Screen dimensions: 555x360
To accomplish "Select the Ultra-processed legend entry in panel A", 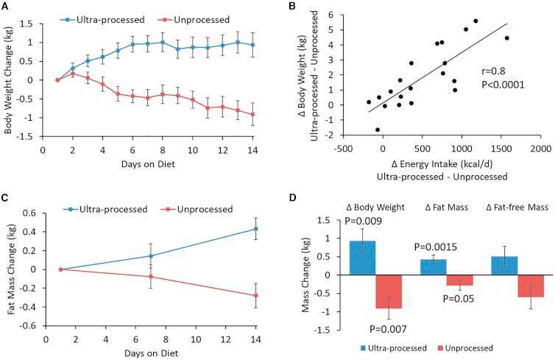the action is (x=102, y=19).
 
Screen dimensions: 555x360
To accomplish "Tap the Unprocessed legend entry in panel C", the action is (x=197, y=209).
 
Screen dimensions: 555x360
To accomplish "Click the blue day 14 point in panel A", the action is (x=252, y=45).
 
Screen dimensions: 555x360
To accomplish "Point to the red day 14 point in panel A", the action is (x=252, y=114).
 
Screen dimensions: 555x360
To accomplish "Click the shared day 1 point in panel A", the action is (x=57, y=80).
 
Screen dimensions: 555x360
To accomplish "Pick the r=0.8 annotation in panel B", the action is (x=493, y=71).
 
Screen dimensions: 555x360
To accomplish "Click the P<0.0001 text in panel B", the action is (x=503, y=85).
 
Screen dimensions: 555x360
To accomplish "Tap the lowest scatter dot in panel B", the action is (x=378, y=130).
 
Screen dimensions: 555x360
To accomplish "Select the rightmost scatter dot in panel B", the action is (x=507, y=38).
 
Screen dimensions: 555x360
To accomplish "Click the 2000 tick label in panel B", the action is (x=541, y=149).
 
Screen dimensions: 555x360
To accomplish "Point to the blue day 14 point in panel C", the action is (x=256, y=229).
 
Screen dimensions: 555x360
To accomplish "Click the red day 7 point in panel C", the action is (x=151, y=277).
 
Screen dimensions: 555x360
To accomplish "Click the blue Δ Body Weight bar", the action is (x=362, y=258).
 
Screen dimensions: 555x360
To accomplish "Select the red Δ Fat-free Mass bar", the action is (x=531, y=286).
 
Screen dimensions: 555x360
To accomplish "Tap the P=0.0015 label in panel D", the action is (x=435, y=247).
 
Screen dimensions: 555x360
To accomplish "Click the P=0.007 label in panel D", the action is (x=389, y=330).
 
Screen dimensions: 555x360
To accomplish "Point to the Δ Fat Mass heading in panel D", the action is (x=447, y=208).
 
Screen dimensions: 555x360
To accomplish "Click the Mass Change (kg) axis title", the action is (x=305, y=275).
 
